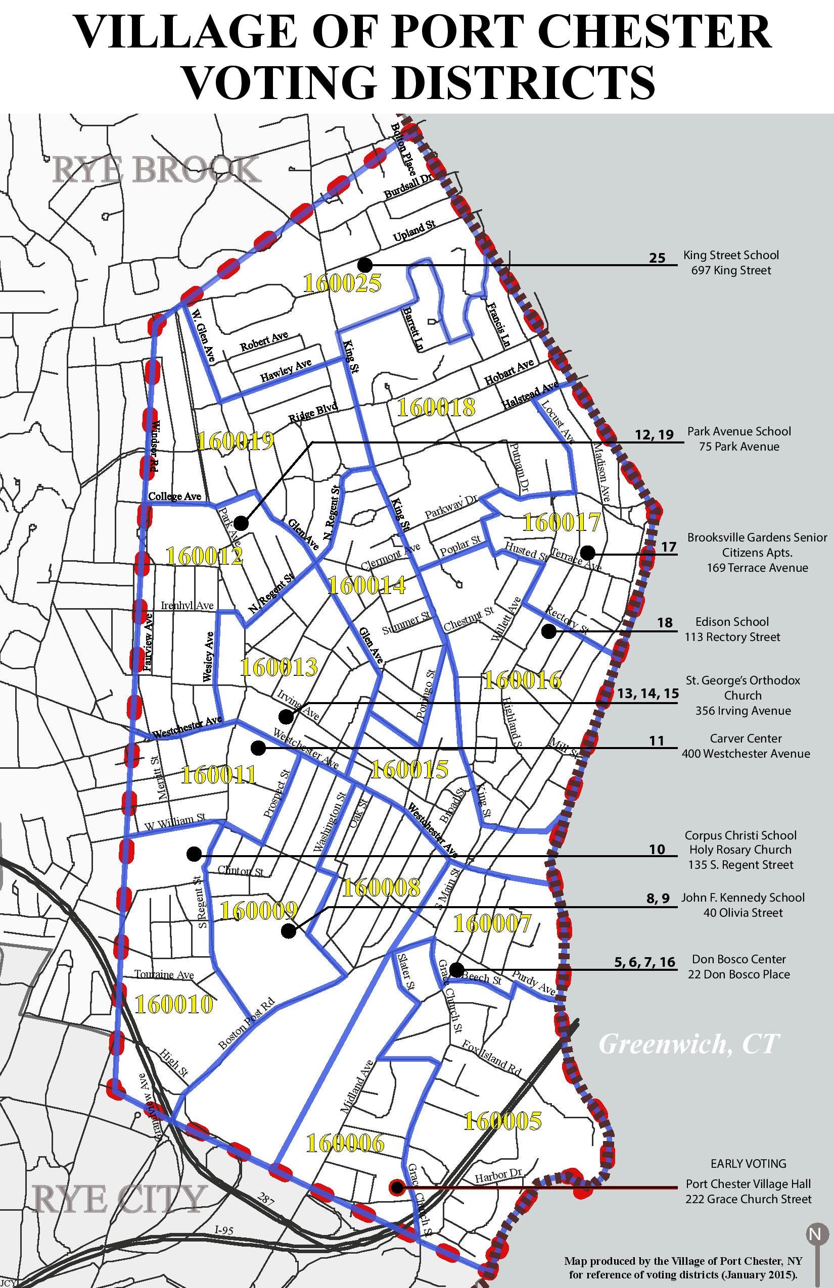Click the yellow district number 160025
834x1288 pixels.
tap(342, 283)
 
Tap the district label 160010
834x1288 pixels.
tap(173, 1005)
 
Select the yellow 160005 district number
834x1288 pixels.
tap(502, 1121)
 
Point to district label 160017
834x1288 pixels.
tap(562, 522)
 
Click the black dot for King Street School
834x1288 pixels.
tap(365, 265)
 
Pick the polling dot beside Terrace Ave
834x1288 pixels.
tap(587, 553)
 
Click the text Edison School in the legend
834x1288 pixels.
tap(732, 622)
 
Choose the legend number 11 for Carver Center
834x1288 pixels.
tap(657, 740)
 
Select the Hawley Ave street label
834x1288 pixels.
tap(286, 370)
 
